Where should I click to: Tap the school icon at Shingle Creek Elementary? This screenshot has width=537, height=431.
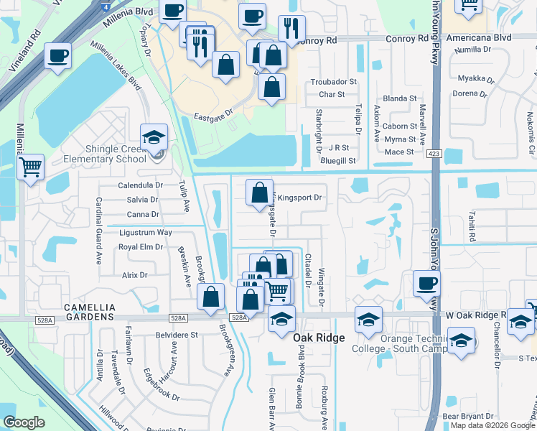pyautogui.click(x=154, y=136)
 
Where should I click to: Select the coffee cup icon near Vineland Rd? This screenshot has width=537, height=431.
pyautogui.click(x=57, y=55)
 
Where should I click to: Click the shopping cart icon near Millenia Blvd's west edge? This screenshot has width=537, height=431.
pyautogui.click(x=30, y=168)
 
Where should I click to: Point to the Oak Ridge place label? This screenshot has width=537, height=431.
pyautogui.click(x=319, y=337)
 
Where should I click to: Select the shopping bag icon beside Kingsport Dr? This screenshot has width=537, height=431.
pyautogui.click(x=259, y=193)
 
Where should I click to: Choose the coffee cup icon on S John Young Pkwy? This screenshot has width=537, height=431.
pyautogui.click(x=427, y=283)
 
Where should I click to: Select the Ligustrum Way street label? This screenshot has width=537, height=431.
pyautogui.click(x=146, y=232)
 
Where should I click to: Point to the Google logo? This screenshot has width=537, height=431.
pyautogui.click(x=24, y=422)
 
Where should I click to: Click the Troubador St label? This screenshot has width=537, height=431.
pyautogui.click(x=333, y=82)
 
